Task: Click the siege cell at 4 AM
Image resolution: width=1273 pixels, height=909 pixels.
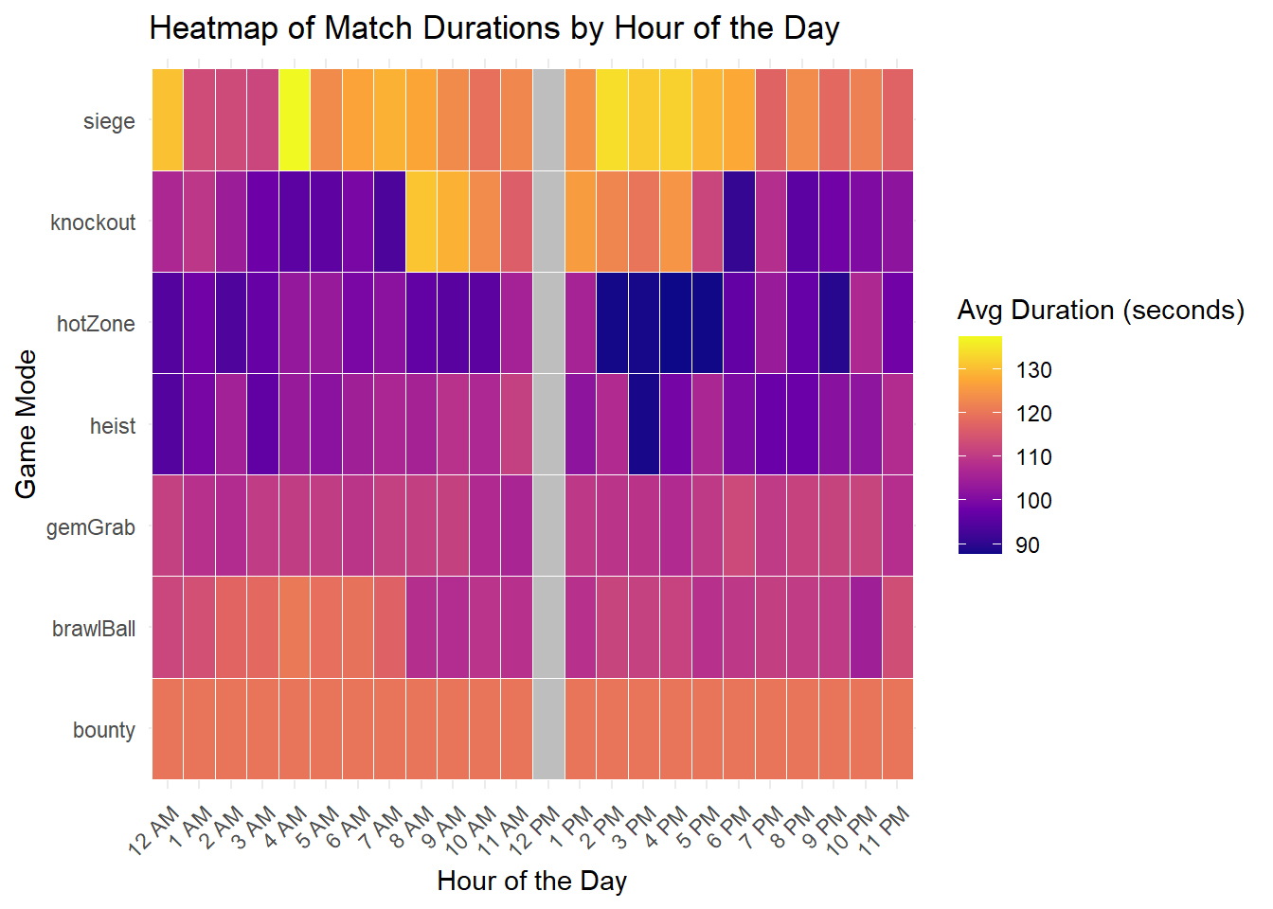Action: pos(295,120)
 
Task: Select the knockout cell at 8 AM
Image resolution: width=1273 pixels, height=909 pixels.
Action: pos(421,222)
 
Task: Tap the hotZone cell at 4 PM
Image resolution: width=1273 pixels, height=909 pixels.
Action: pos(675,323)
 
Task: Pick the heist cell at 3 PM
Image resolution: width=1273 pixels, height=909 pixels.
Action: pos(644,424)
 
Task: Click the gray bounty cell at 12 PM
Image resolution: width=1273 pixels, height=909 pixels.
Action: pos(548,729)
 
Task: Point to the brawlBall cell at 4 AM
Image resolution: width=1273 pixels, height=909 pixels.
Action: pos(295,628)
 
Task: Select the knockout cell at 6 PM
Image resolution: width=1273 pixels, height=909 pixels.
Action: pos(739,222)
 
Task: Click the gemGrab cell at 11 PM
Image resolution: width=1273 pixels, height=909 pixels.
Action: pos(898,526)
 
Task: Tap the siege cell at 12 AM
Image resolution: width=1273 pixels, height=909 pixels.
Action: pos(168,120)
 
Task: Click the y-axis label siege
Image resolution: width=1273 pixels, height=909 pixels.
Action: pos(109,121)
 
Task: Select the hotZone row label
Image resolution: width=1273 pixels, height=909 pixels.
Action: pos(96,324)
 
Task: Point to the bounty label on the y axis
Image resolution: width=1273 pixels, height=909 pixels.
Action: pos(104,730)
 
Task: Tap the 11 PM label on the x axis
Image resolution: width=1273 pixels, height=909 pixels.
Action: pos(885,829)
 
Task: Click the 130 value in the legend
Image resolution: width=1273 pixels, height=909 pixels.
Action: pos(1033,370)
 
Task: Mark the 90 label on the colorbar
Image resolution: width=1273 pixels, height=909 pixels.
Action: pos(1027,545)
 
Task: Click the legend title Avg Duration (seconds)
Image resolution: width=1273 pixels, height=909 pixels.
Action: pos(1101,311)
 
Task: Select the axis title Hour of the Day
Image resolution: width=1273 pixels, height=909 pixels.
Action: pos(531,882)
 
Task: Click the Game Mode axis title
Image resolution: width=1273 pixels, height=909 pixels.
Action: pos(27,423)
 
